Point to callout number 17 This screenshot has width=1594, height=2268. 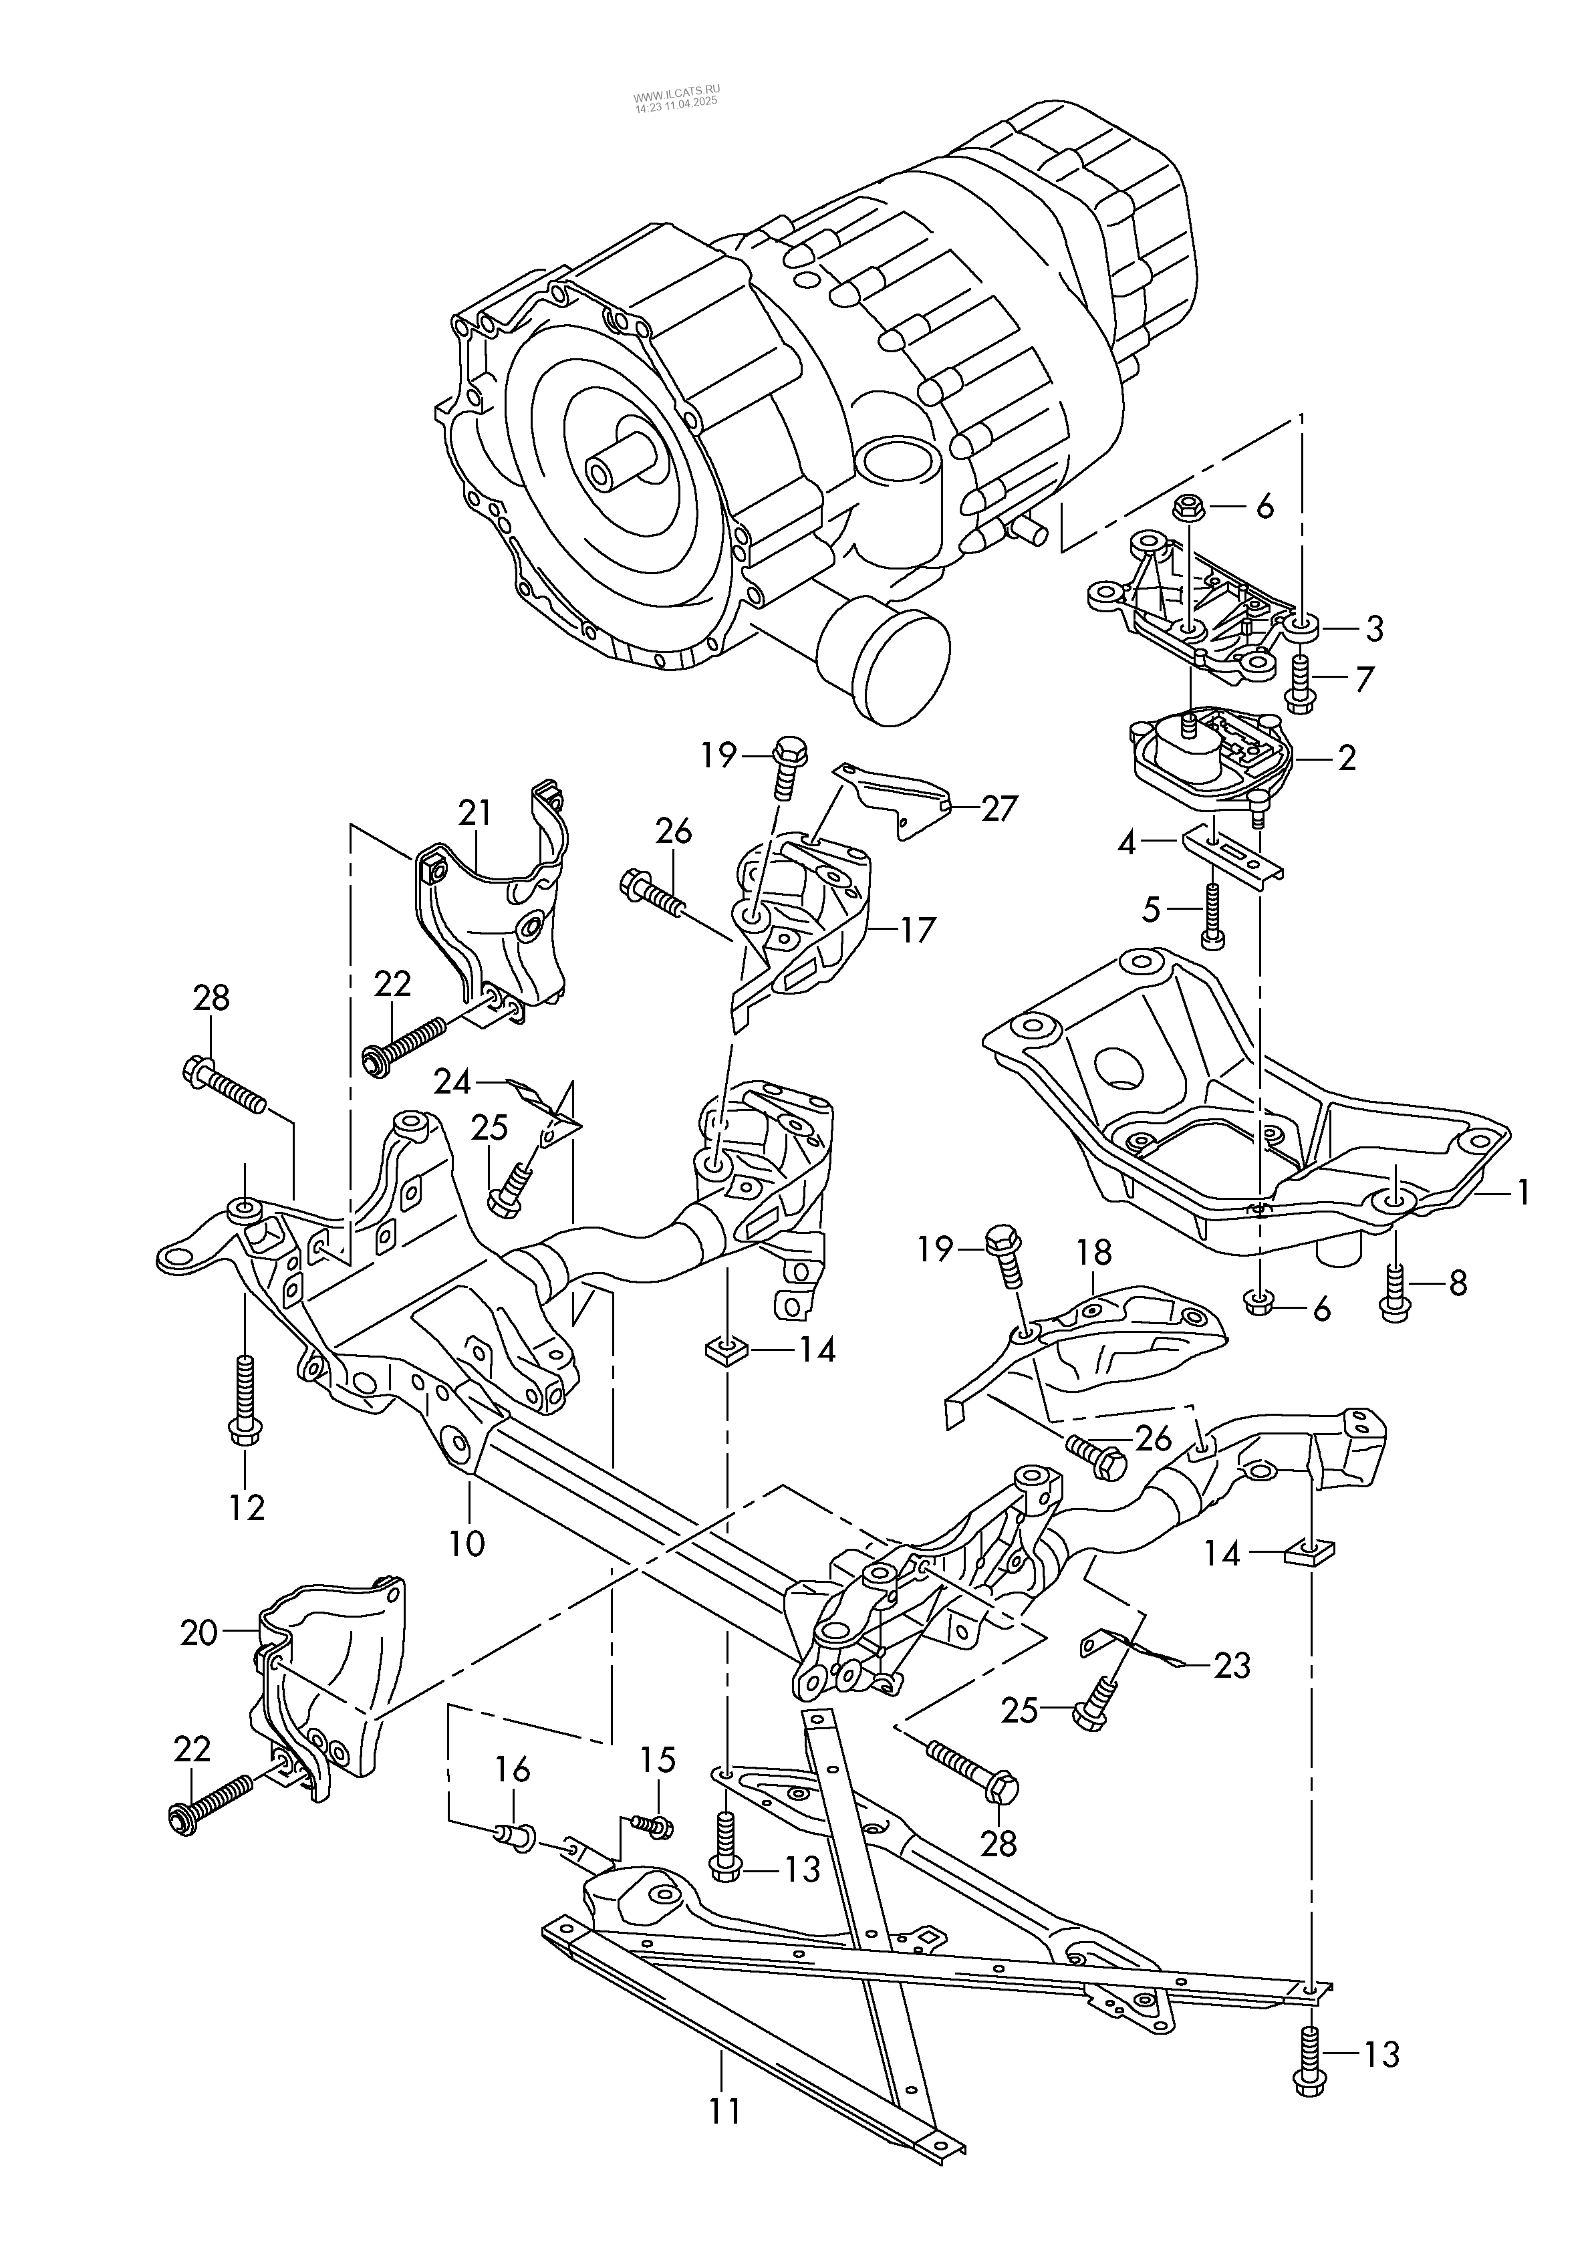coord(918,930)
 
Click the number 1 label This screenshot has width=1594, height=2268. coord(1523,1192)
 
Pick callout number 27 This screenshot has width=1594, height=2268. coord(999,808)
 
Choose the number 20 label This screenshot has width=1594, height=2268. coord(198,1633)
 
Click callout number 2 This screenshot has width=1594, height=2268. coord(1346,757)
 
